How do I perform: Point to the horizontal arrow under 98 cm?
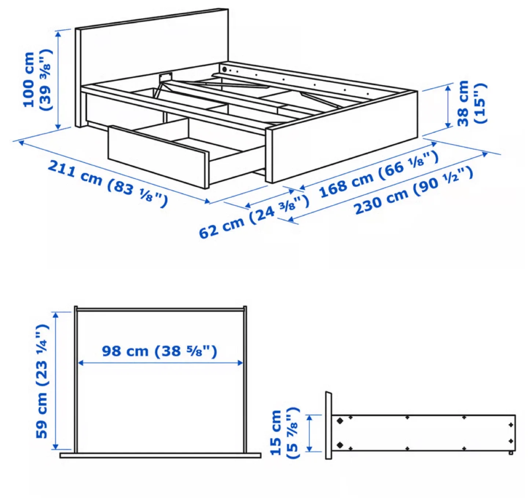tap(161, 363)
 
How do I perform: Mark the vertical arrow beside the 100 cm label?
tap(58, 80)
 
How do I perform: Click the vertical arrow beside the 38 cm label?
tap(448, 106)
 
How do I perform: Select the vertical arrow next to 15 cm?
tap(309, 433)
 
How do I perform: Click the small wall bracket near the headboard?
tap(165, 77)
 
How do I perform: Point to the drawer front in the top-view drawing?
tap(160, 455)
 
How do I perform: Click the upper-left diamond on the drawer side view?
tap(340, 421)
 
